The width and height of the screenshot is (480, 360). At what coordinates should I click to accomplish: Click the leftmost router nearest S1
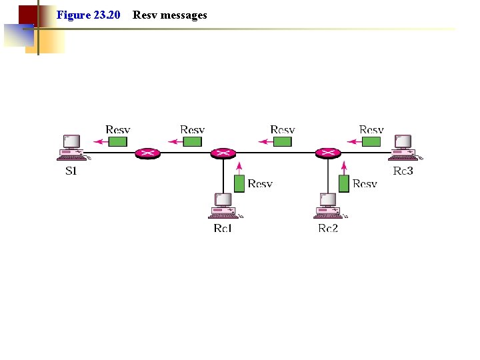pos(147,153)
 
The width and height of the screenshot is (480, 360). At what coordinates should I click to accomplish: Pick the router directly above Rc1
pos(223,153)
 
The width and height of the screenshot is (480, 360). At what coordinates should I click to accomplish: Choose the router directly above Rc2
pos(328,153)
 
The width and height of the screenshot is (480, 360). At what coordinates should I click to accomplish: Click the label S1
pos(71,171)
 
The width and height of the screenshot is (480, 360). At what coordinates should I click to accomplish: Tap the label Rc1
pos(223,228)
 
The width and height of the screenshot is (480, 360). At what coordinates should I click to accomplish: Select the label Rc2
pos(328,228)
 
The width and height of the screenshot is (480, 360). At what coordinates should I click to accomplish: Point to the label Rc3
pos(403,171)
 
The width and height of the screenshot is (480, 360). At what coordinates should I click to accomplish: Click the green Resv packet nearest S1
pos(118,141)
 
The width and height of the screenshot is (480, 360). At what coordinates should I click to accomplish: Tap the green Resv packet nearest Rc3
pos(371,141)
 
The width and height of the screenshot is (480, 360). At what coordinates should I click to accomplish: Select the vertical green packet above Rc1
pos(239,183)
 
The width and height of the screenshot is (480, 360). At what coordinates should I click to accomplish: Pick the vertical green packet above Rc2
pos(344,183)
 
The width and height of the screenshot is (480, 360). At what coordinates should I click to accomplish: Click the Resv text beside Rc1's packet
pos(260,183)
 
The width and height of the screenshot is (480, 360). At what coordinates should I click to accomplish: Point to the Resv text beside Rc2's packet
pos(365,183)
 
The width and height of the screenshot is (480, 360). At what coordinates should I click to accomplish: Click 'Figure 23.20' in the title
pos(88,15)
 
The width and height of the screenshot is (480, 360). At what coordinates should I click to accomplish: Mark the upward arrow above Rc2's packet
pos(344,167)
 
